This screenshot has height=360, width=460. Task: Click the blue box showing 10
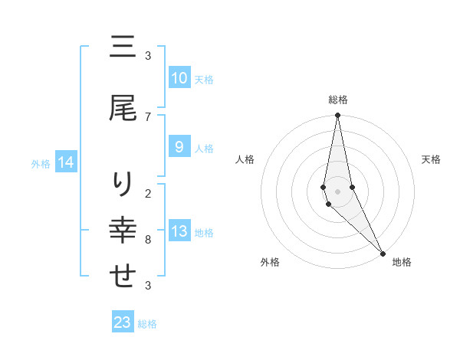pos(179,78)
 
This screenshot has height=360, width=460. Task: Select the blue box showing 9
pos(179,147)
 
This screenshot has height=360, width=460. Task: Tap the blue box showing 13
pos(179,231)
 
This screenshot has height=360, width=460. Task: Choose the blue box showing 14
pos(66,162)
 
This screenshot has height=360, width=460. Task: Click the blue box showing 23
pos(123,322)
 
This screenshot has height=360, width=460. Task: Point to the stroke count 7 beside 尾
pos(148,116)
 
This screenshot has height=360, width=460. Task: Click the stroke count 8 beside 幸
pos(148,240)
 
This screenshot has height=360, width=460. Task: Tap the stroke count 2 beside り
pos(148,193)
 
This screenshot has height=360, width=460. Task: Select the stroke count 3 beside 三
pos(148,56)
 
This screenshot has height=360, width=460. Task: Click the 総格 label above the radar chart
pos(338,100)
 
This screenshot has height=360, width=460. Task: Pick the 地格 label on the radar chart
pos(402,262)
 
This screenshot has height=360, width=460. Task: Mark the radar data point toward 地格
pos(383,252)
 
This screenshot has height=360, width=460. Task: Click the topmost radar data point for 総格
pos(337,116)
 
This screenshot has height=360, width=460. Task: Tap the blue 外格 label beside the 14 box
pos(41,163)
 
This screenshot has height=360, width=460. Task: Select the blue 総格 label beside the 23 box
pos(147,324)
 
